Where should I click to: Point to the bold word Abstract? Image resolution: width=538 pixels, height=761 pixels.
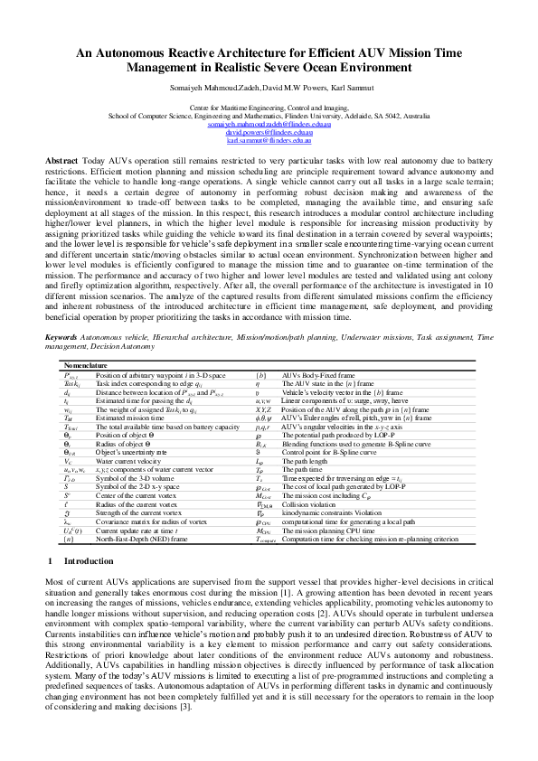(x=61, y=160)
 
